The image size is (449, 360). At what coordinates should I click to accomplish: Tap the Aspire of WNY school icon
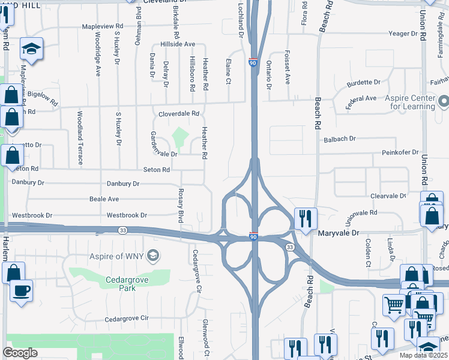pos(154,256)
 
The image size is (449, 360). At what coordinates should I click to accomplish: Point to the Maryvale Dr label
pos(338,233)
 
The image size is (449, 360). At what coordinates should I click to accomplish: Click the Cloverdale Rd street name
pos(178,114)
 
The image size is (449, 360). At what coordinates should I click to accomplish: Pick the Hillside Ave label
pos(177,44)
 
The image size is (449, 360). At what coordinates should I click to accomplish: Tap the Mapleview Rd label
pos(102,26)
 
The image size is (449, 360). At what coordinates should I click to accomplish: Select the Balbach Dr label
pos(340,139)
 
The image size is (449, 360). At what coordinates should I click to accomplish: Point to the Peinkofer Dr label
pos(400,153)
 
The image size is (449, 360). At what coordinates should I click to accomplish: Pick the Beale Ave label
pos(104,199)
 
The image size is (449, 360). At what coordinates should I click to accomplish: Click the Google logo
pos(20,353)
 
